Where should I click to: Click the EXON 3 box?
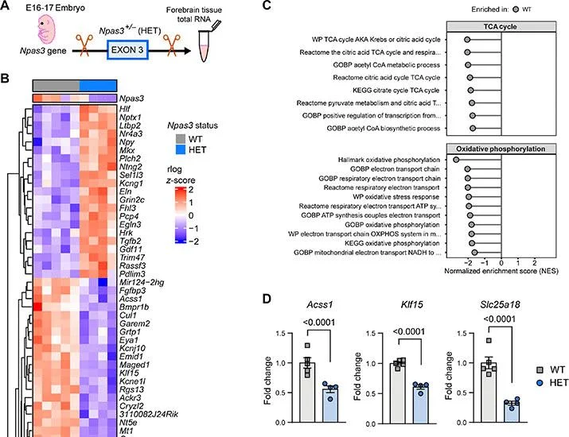(x=127, y=49)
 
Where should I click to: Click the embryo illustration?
(x=46, y=29)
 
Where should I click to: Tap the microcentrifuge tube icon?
(x=206, y=43)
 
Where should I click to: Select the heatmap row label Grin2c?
(x=132, y=199)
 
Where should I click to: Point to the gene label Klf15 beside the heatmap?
(x=129, y=373)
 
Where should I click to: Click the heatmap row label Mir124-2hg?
(x=142, y=282)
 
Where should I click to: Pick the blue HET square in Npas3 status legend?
(x=181, y=149)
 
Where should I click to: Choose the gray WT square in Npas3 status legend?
(x=181, y=139)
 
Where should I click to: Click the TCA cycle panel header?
(x=501, y=27)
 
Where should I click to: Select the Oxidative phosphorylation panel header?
(x=501, y=149)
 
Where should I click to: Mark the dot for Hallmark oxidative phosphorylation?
(x=456, y=160)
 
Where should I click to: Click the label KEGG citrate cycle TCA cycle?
(x=396, y=91)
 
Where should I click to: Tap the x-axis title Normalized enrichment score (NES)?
(x=501, y=271)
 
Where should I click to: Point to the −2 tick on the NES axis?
(x=468, y=263)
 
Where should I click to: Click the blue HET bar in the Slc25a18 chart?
(x=512, y=412)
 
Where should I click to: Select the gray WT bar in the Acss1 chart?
(x=307, y=393)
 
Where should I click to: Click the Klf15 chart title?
(x=412, y=305)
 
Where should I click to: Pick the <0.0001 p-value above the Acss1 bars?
(x=319, y=323)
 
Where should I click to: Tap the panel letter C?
(x=267, y=5)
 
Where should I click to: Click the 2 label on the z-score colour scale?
(x=191, y=190)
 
